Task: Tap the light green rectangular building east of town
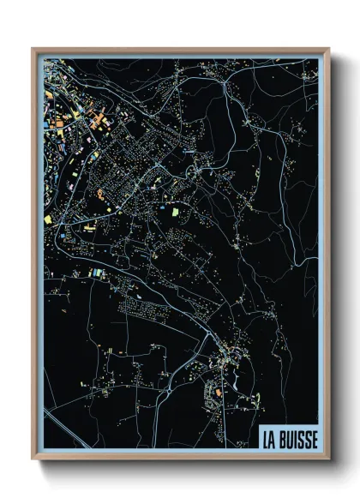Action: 177,210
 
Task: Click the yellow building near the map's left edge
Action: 49,220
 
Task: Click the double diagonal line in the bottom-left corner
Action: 64,420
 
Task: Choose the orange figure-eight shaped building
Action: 101,195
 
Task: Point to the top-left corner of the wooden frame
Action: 33,49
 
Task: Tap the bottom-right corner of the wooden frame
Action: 329,459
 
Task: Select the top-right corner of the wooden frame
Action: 329,49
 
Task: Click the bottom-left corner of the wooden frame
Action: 33,459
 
